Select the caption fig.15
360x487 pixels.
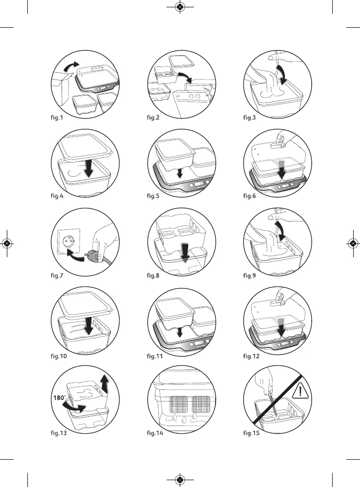point(252,435)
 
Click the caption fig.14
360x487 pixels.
point(156,435)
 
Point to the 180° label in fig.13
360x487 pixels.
point(59,397)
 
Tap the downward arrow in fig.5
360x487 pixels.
point(180,173)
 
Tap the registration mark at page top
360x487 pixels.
point(180,7)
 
